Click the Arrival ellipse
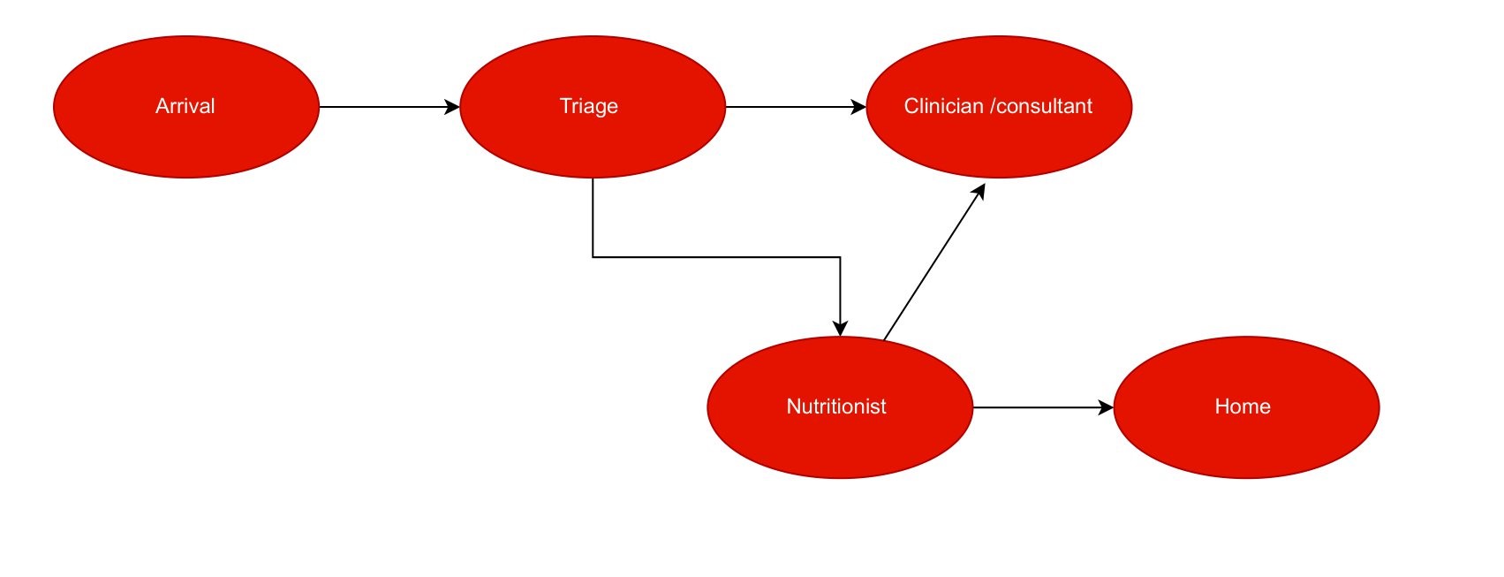pos(186,107)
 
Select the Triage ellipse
pos(593,107)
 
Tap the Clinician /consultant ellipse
pos(999,107)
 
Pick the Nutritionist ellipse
pos(840,407)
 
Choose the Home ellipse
pos(1247,407)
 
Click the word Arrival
pos(185,106)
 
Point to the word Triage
pos(589,107)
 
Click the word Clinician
pos(943,106)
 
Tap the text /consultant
pos(1041,106)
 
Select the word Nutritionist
pos(836,406)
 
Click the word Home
pos(1243,406)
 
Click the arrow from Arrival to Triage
pos(389,107)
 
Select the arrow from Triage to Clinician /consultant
pos(796,107)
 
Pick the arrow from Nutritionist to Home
pos(1043,407)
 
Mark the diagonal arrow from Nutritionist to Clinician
pos(934,262)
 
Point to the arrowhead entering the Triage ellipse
pos(452,107)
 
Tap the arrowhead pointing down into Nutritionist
pos(840,329)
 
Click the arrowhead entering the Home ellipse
pos(1106,407)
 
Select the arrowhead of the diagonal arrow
pos(979,192)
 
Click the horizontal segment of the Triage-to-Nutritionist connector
pos(716,256)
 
